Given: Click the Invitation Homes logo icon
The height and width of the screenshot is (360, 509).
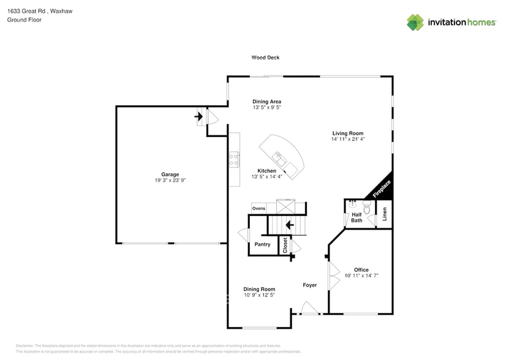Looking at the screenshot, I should tap(415, 23).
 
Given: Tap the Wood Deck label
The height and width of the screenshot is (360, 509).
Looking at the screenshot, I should tap(265, 58).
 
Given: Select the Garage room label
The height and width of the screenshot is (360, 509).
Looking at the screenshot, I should tap(170, 174).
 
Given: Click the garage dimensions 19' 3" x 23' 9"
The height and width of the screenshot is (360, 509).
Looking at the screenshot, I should tap(170, 181).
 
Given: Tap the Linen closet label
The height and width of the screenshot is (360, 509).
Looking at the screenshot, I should tap(385, 214).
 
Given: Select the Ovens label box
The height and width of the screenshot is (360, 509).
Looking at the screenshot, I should tap(258, 209).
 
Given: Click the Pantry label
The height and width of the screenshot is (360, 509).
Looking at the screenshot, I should tap(263, 244).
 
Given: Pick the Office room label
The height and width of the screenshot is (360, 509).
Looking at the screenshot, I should tap(361, 270).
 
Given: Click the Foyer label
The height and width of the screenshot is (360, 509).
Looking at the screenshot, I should tap(309, 285).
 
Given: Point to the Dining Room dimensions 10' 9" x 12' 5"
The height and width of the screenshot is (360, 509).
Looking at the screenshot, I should tap(259, 295).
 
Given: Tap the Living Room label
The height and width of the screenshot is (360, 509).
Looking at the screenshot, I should tap(348, 133).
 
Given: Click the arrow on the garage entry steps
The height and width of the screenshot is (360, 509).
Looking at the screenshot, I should tap(199, 115).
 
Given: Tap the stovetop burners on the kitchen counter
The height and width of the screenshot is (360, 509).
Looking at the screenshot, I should tap(234, 160).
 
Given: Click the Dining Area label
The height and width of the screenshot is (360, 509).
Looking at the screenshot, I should tap(266, 102).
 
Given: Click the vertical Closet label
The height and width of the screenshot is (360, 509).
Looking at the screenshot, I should tap(285, 245).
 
